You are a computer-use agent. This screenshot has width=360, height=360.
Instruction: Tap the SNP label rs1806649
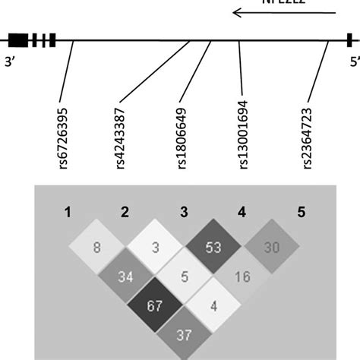tap(182, 137)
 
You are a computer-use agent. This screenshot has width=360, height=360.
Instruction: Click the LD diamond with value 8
tap(96, 247)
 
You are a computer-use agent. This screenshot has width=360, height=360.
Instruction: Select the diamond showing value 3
tap(155, 247)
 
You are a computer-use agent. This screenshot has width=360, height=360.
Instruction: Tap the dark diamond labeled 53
tap(213, 247)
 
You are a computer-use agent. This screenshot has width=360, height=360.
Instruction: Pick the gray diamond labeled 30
tap(271, 247)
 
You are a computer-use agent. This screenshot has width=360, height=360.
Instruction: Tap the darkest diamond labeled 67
tap(155, 305)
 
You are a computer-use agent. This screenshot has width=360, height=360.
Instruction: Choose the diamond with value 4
tap(213, 305)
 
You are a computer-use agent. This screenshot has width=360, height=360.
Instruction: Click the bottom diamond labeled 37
tap(184, 334)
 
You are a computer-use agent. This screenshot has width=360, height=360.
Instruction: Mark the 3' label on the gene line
tap(11, 64)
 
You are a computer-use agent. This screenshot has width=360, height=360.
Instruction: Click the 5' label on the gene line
tap(350, 64)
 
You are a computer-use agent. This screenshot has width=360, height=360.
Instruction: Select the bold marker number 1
tap(67, 213)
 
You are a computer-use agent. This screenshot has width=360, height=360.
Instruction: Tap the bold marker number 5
tap(301, 213)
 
